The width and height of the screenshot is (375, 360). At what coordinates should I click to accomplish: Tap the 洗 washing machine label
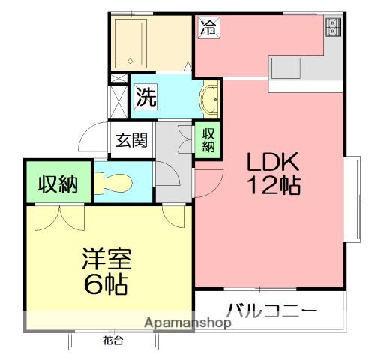145,96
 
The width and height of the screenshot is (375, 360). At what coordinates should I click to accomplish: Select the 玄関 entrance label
130,139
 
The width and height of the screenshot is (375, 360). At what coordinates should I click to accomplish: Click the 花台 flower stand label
113,341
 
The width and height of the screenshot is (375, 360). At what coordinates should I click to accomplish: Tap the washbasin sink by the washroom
210,97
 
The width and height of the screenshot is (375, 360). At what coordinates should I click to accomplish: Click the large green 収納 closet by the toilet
58,182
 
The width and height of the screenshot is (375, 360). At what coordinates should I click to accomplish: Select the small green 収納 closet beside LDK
208,139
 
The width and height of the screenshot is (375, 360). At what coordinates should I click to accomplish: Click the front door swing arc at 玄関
93,137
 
